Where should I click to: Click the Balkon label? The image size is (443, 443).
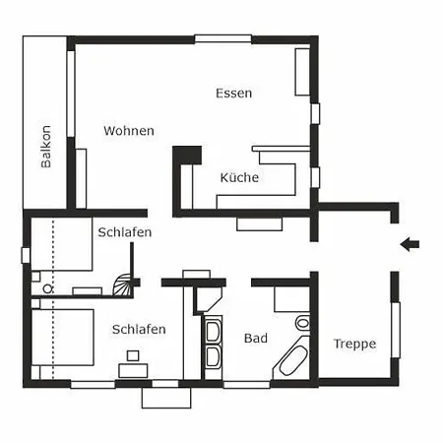click(46, 147)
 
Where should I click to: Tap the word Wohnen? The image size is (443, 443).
click(129, 131)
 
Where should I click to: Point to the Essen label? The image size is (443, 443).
click(234, 94)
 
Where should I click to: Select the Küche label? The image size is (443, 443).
click(239, 177)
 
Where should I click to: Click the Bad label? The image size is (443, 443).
click(256, 338)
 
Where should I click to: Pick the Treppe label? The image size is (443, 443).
click(354, 345)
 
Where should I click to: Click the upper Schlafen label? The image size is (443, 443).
click(125, 232)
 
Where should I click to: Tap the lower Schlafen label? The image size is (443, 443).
click(139, 329)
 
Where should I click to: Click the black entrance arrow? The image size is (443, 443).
click(410, 244)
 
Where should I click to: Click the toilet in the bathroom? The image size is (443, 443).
click(302, 323)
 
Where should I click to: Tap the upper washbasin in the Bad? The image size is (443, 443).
click(213, 331)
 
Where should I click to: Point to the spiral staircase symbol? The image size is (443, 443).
click(123, 285)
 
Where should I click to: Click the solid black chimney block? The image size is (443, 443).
click(187, 156)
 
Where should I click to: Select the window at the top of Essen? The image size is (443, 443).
click(223, 38)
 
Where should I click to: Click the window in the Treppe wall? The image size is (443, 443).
click(396, 330)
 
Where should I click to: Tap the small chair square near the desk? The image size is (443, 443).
click(133, 355)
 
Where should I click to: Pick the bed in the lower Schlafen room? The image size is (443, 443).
click(63, 337)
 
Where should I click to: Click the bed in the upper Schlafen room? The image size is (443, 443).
click(62, 244)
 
